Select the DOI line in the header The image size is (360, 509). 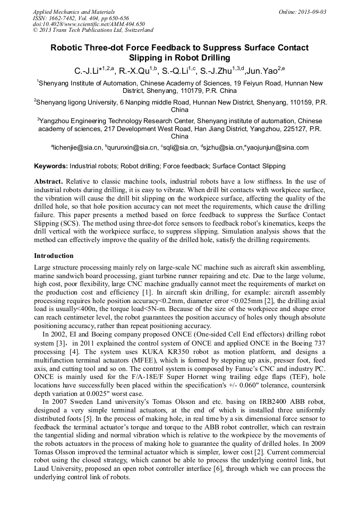[89, 24]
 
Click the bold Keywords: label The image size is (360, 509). [51, 166]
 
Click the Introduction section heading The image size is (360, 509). [54, 256]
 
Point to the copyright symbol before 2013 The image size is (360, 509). [36, 30]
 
